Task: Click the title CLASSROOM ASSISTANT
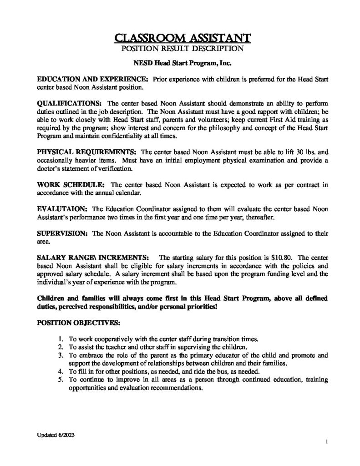click(x=180, y=36)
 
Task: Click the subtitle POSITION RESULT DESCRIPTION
click(x=180, y=47)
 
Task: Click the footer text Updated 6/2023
click(x=55, y=435)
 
